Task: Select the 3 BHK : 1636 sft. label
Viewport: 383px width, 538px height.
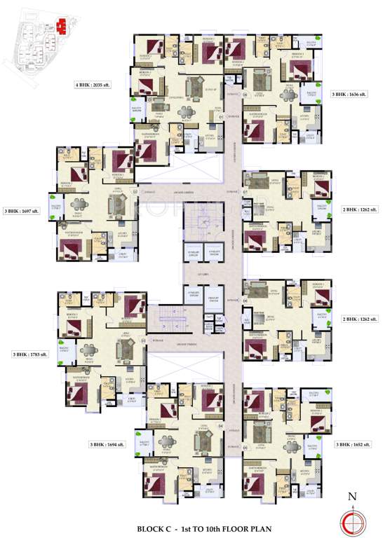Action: coord(349,93)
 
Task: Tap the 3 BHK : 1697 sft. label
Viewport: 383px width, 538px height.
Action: coord(21,210)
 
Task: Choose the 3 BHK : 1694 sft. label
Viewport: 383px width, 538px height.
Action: coord(106,444)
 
